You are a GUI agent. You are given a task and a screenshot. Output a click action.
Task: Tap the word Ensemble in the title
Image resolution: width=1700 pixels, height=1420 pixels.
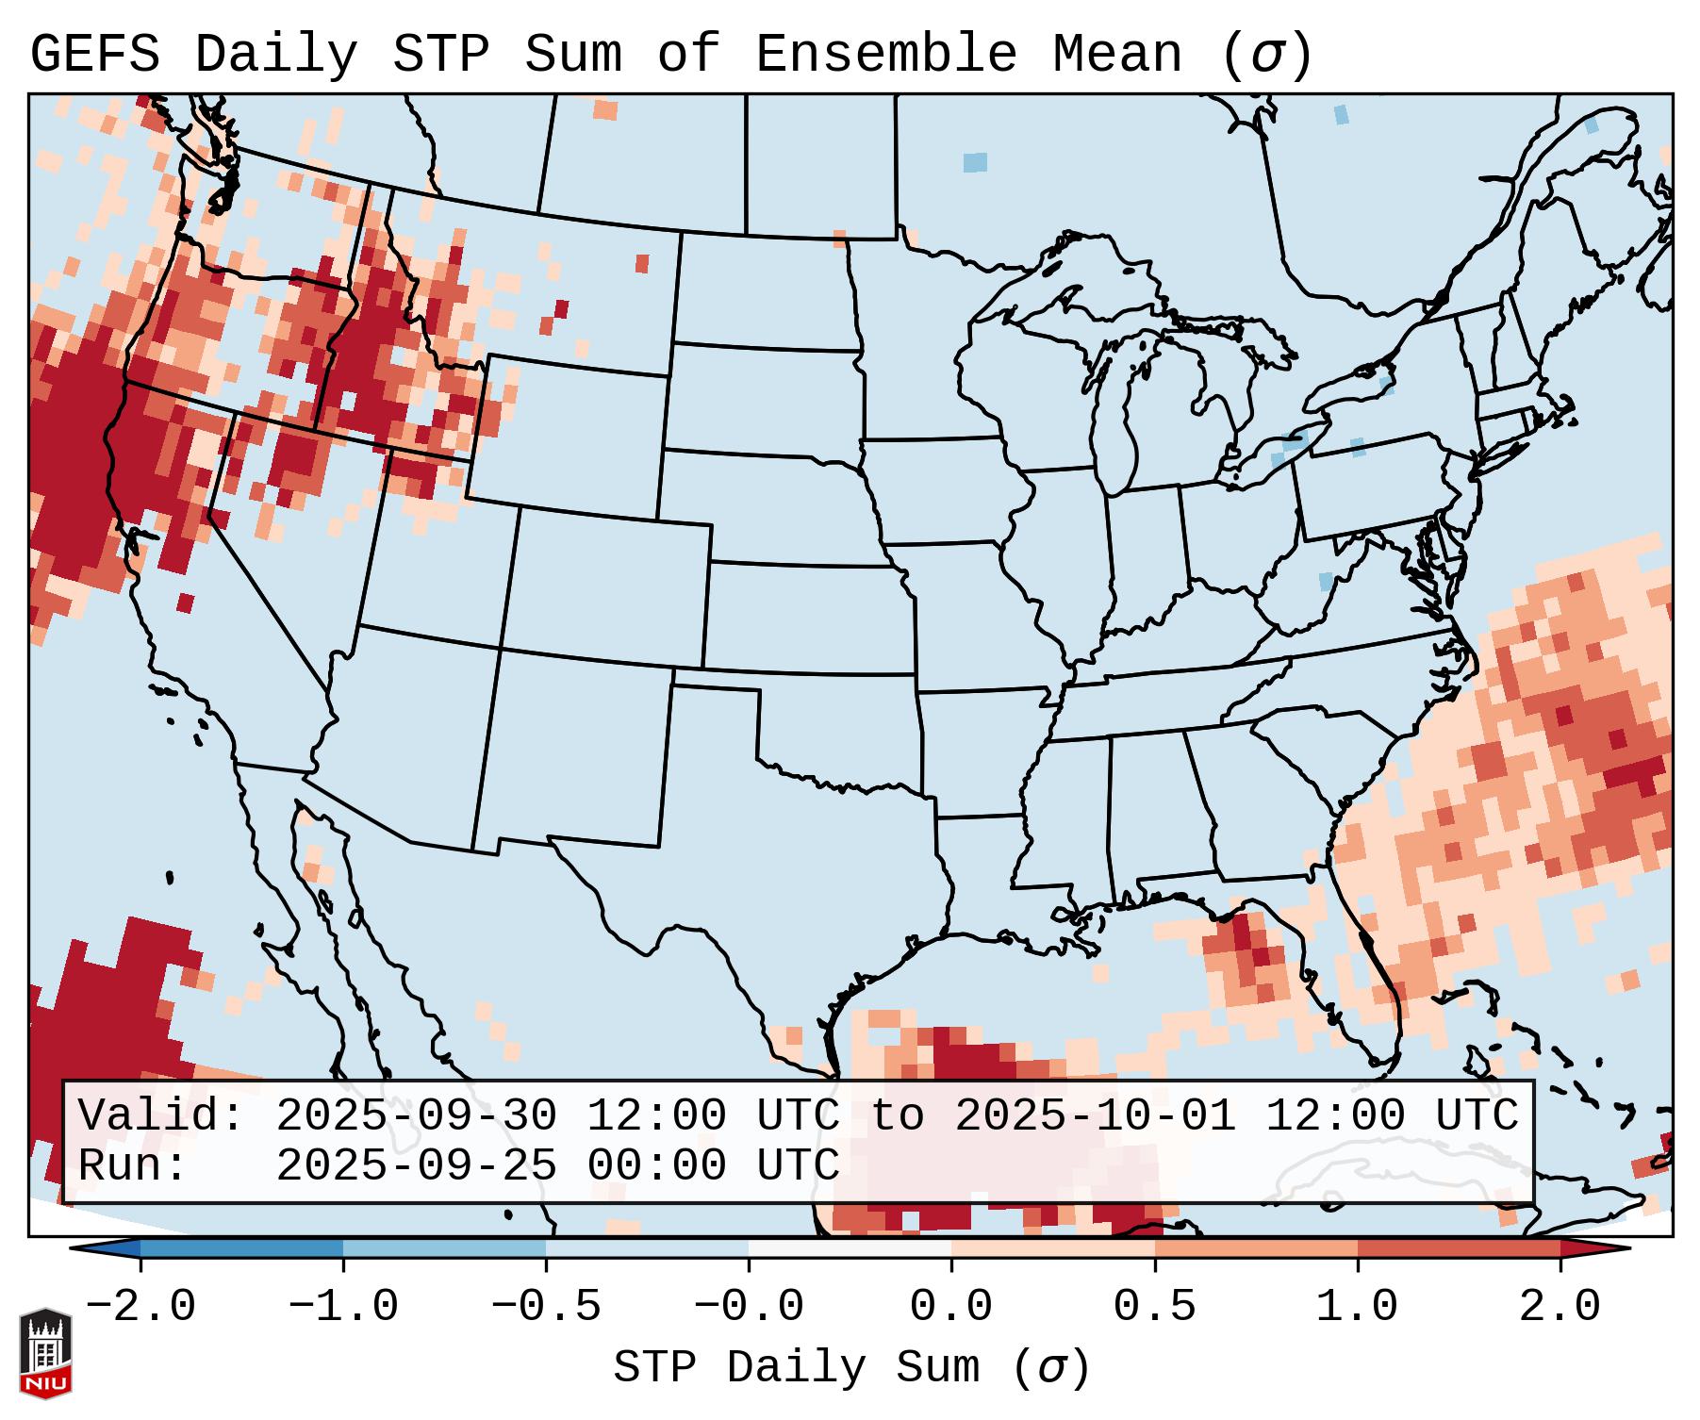(885, 55)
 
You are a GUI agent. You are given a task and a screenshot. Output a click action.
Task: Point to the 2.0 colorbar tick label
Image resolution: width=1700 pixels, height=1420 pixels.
(1560, 1307)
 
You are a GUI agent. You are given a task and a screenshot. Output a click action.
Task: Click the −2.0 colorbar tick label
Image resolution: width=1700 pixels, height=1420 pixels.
(140, 1307)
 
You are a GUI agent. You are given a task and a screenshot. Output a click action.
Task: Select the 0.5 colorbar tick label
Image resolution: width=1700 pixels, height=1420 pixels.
(1154, 1307)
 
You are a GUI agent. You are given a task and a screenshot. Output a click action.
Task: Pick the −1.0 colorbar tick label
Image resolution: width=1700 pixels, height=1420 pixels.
(343, 1307)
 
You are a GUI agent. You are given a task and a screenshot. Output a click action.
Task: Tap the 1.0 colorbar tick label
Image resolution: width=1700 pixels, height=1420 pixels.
(1357, 1307)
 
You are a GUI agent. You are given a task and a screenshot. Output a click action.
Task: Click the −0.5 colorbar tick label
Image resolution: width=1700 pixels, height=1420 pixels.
(546, 1307)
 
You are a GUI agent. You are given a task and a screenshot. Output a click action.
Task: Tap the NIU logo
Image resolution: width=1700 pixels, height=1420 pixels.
(45, 1352)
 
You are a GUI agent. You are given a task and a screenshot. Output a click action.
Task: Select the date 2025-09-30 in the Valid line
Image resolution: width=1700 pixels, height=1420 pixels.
(416, 1116)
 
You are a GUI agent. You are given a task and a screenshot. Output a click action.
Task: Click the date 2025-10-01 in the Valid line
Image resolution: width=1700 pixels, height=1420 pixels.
(1095, 1116)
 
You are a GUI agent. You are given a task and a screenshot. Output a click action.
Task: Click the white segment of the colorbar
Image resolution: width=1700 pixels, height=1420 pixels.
(850, 1248)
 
